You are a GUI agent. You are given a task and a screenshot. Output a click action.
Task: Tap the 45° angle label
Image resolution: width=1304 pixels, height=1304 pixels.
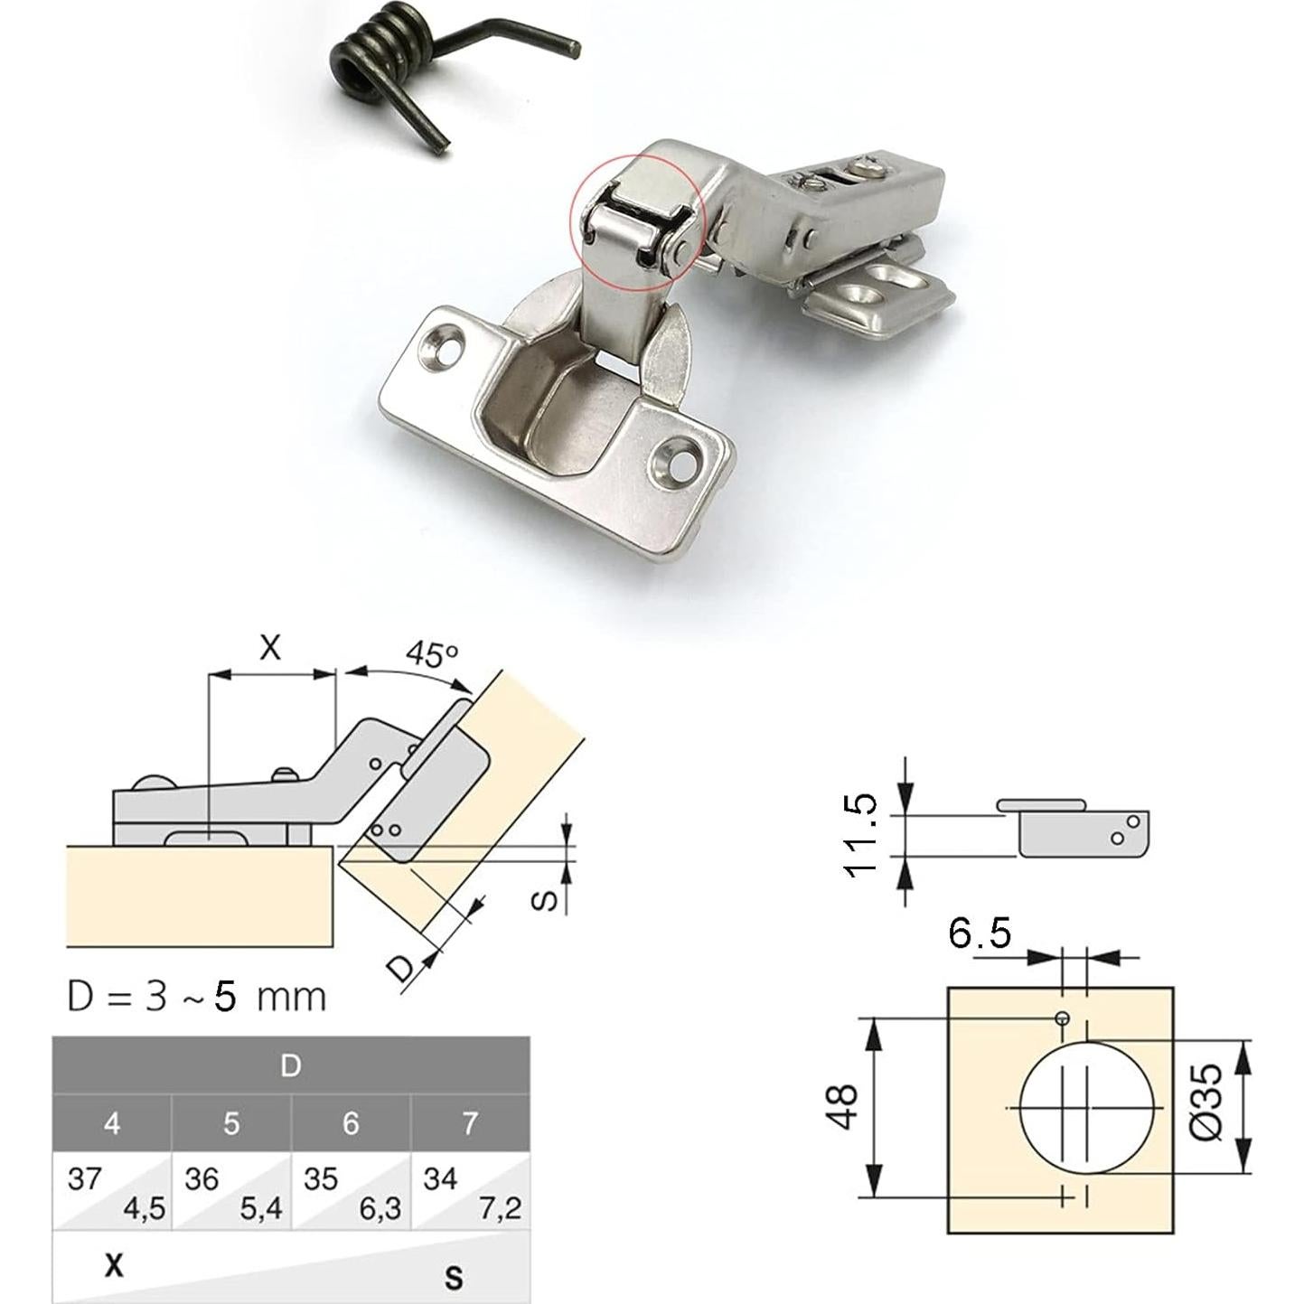click(x=432, y=654)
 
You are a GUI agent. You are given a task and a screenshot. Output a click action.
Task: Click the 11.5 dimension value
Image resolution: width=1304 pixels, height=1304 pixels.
click(x=861, y=837)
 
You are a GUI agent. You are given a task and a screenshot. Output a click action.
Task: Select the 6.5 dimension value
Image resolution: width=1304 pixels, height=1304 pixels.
click(x=979, y=933)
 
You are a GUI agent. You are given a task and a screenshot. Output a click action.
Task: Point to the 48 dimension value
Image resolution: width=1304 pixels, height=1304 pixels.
click(x=843, y=1107)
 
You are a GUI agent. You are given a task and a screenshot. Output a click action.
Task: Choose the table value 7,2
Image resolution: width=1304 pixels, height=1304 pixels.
click(x=501, y=1208)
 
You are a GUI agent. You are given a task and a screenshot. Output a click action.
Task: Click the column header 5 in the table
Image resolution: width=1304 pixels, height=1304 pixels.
click(x=231, y=1123)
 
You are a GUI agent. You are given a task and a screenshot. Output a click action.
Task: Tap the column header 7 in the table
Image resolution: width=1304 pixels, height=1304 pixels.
click(x=470, y=1123)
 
